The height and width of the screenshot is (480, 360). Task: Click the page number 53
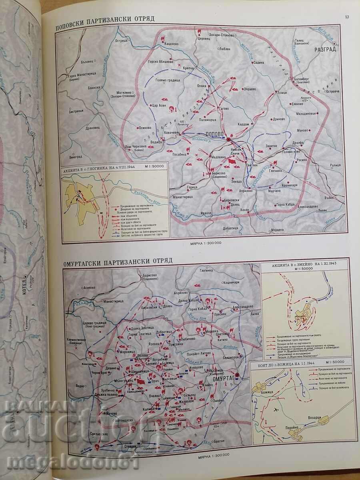347,16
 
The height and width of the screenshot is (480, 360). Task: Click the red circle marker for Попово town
228,140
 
